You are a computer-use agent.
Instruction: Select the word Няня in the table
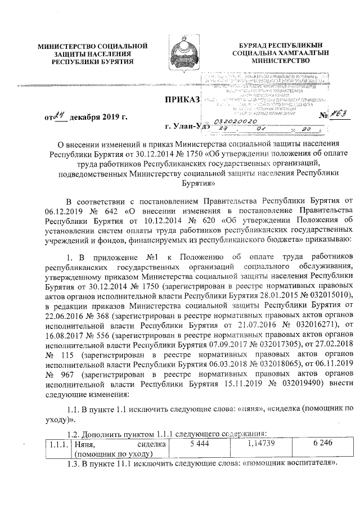73,444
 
